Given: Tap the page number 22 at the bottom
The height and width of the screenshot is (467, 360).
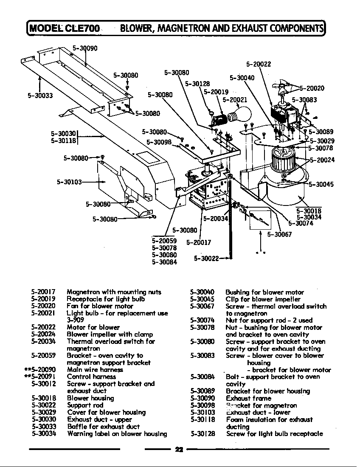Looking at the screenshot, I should (x=179, y=450).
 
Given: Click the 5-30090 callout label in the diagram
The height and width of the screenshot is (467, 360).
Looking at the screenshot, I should (x=85, y=48).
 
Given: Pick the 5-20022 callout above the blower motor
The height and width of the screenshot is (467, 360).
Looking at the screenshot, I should (x=259, y=65).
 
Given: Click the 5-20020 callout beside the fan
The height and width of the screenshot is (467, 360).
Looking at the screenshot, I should (x=312, y=88).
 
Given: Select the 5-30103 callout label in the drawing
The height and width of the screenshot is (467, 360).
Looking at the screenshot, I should (x=69, y=182).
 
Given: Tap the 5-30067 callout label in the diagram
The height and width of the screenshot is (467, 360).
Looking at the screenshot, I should (x=279, y=234).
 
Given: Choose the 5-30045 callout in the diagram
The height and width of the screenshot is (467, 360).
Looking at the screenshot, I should (x=321, y=184).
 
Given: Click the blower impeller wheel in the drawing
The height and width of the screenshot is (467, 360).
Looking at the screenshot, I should (x=284, y=160).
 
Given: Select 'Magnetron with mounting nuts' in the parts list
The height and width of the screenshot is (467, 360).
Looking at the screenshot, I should (x=114, y=292).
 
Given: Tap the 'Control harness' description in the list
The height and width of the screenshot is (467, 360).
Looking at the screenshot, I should (x=91, y=377).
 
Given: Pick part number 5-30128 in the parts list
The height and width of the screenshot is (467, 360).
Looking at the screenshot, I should (x=202, y=433).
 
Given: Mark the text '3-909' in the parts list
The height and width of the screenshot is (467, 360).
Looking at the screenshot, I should (x=75, y=320).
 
